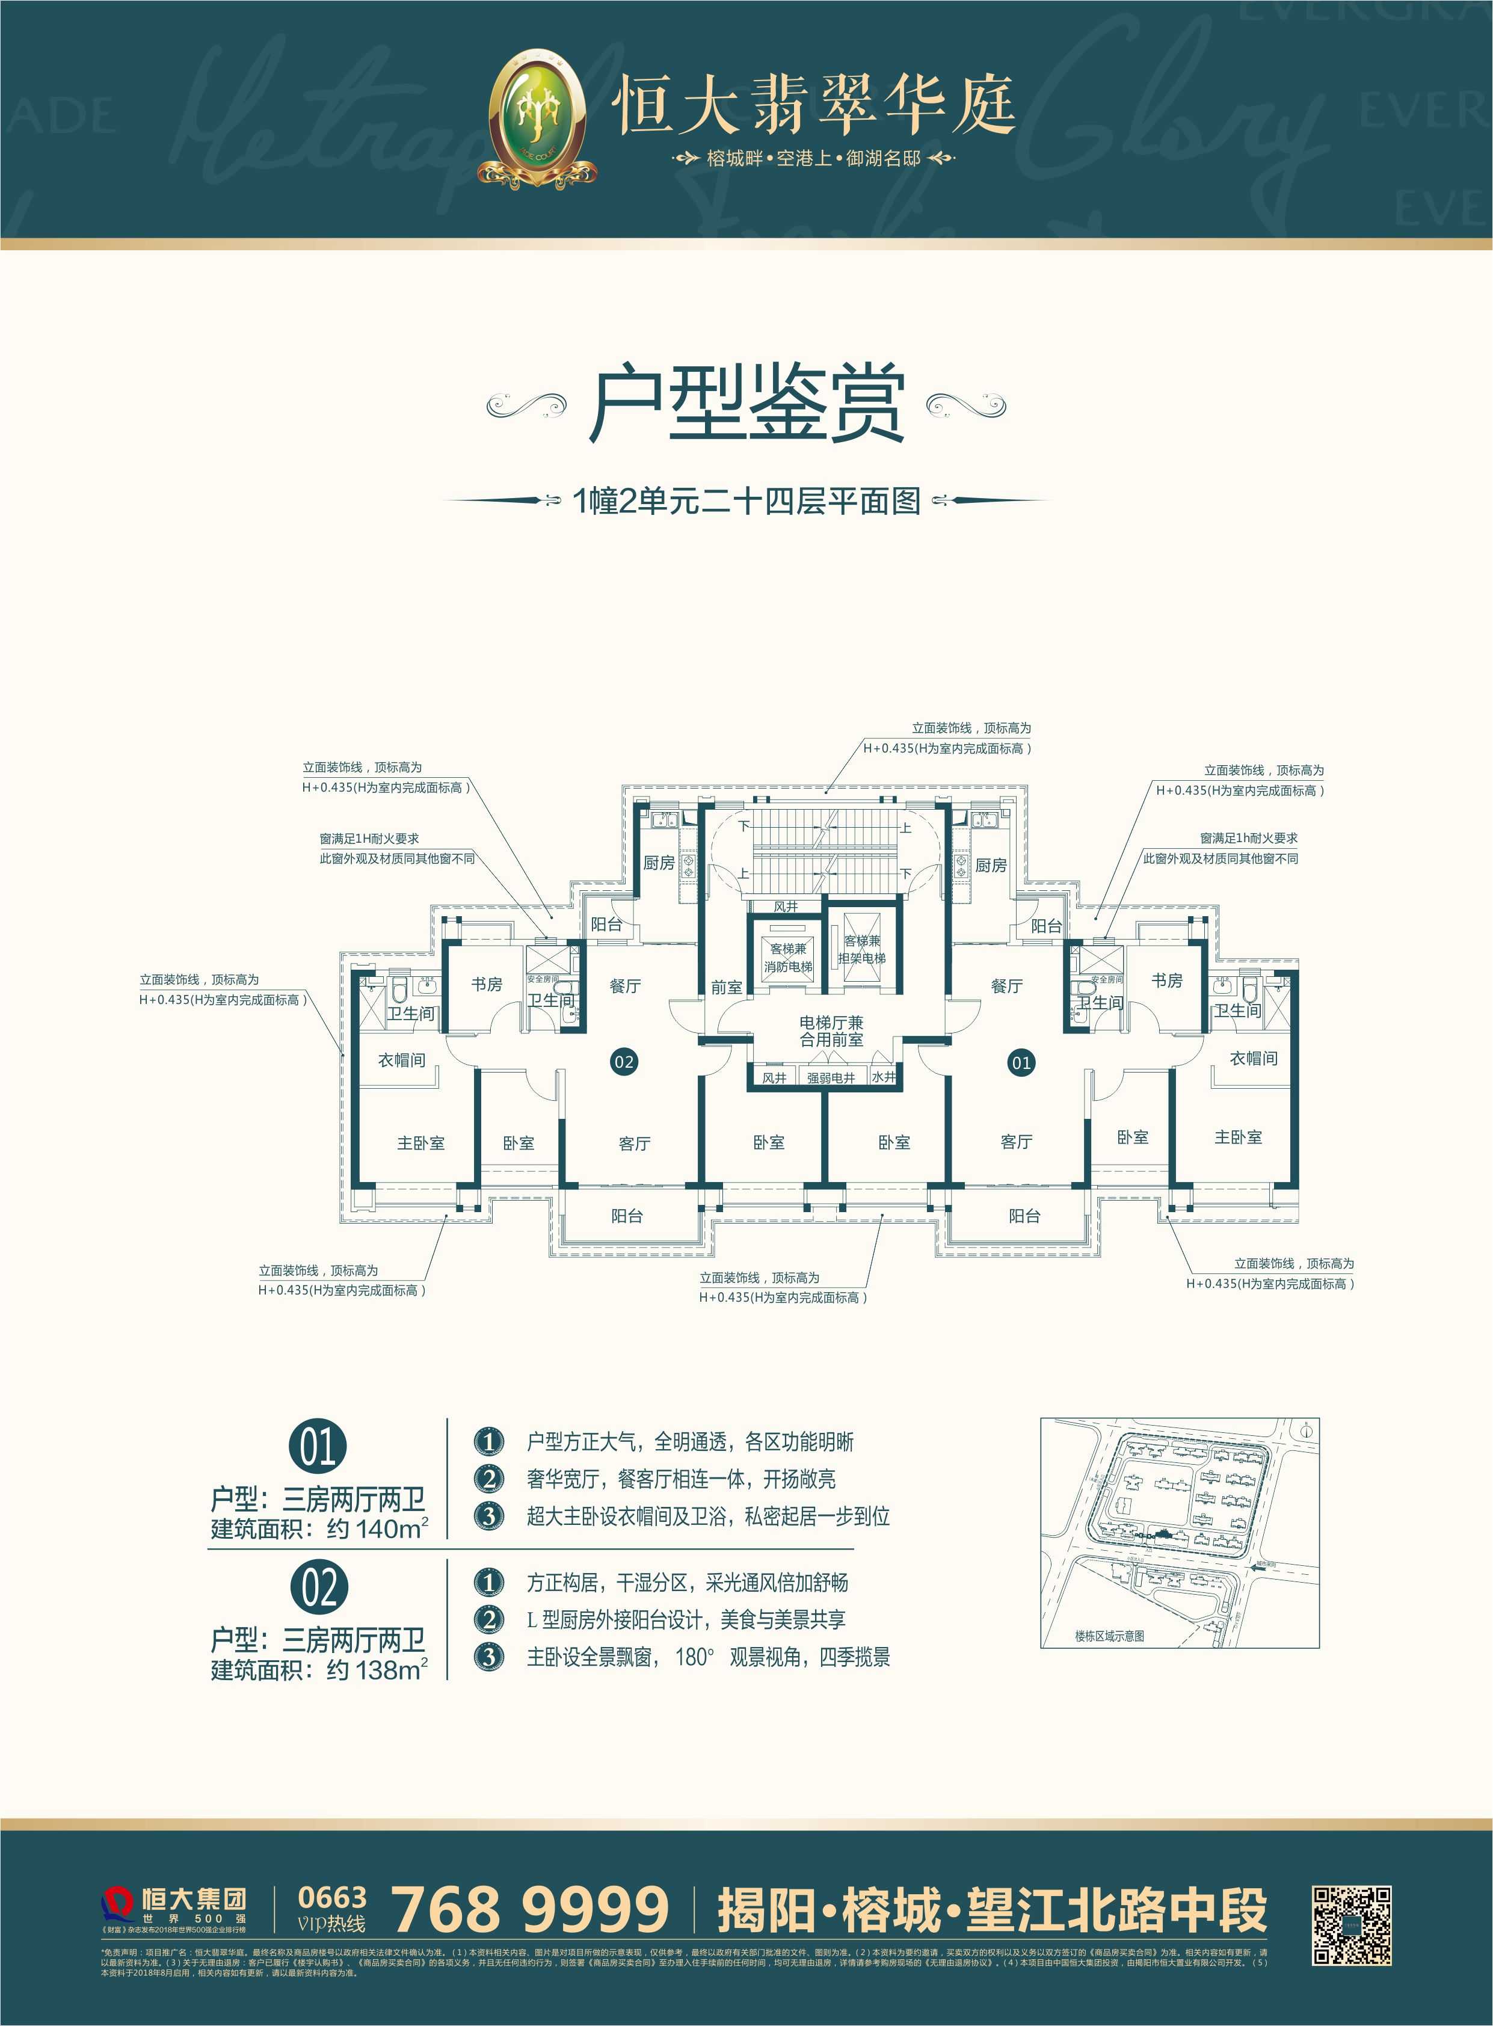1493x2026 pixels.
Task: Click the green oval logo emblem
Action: pos(537,117)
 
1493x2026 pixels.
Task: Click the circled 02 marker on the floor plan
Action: pos(624,1061)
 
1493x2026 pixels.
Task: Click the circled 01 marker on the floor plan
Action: pos(1020,1063)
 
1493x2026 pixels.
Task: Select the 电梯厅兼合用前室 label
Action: pos(831,1031)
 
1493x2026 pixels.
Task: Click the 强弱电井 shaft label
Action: pos(831,1077)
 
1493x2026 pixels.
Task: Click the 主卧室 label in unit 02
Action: pos(421,1143)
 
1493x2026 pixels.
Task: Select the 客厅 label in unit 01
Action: pos(1017,1142)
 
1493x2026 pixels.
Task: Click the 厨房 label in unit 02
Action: pos(659,863)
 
